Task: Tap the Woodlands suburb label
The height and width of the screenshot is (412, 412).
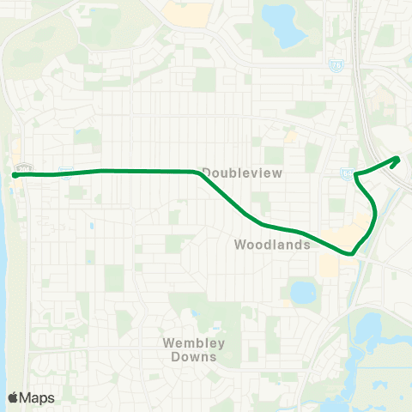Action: click(x=271, y=245)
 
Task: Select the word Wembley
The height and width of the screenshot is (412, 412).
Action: click(x=194, y=343)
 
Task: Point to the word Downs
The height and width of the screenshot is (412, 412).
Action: click(x=194, y=356)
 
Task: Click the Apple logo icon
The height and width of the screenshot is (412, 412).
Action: click(x=13, y=397)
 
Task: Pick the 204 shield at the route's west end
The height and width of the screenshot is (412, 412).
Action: click(x=24, y=168)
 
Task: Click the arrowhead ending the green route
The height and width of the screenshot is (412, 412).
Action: click(x=397, y=158)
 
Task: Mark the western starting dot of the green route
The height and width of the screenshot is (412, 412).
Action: click(x=15, y=175)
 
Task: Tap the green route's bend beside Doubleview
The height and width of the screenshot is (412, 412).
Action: click(x=199, y=173)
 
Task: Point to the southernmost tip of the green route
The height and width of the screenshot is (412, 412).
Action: click(x=351, y=254)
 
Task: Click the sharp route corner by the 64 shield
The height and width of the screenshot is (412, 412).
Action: click(x=354, y=177)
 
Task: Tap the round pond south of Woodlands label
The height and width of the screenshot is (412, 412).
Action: click(x=302, y=294)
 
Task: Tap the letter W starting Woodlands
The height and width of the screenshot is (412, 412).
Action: click(x=240, y=245)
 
